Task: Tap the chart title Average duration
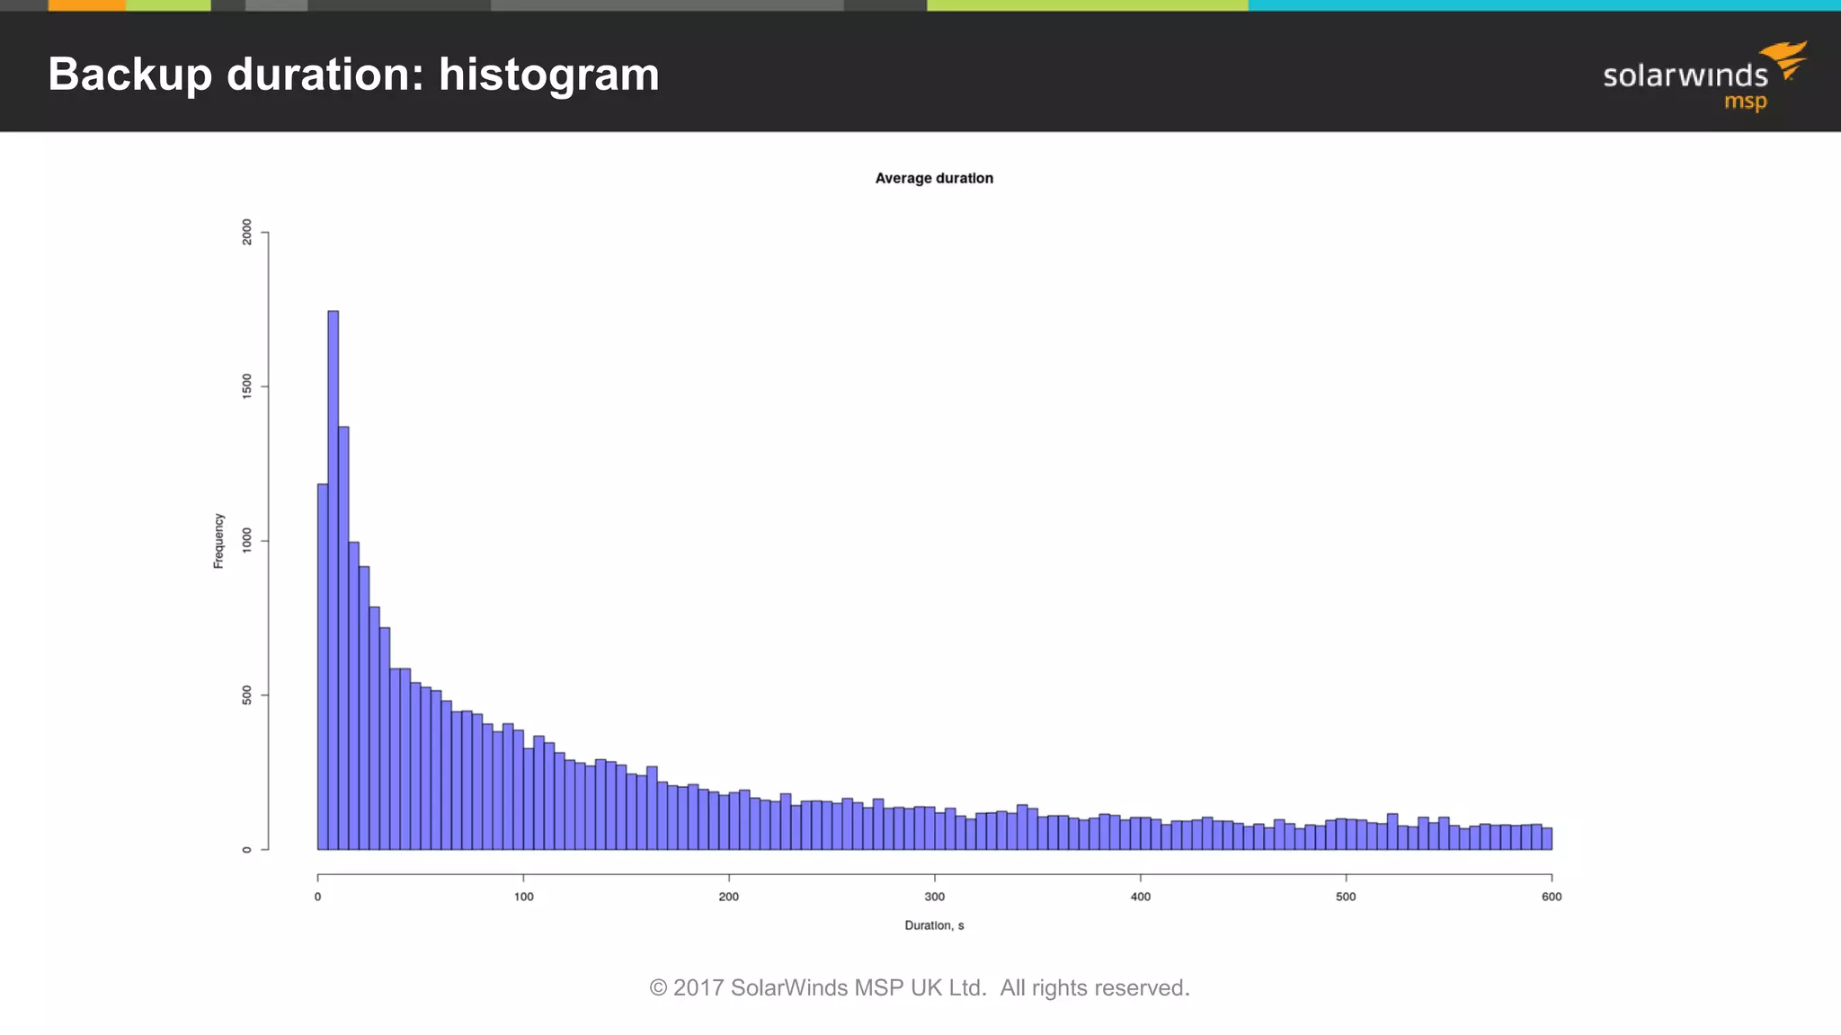click(x=934, y=178)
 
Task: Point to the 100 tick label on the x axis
click(x=523, y=897)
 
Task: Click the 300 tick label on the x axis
click(x=934, y=897)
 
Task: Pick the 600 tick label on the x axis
click(x=1551, y=897)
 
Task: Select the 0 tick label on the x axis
click(x=317, y=897)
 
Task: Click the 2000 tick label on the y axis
click(x=247, y=232)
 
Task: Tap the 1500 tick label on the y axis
click(x=247, y=386)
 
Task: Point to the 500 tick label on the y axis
click(x=247, y=695)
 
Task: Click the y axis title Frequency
click(x=218, y=541)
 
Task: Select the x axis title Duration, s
click(x=934, y=925)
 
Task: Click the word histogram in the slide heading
click(x=548, y=75)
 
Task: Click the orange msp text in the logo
click(x=1745, y=102)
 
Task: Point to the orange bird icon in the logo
click(x=1787, y=58)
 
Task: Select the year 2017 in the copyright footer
click(x=698, y=987)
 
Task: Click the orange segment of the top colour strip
click(x=86, y=5)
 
